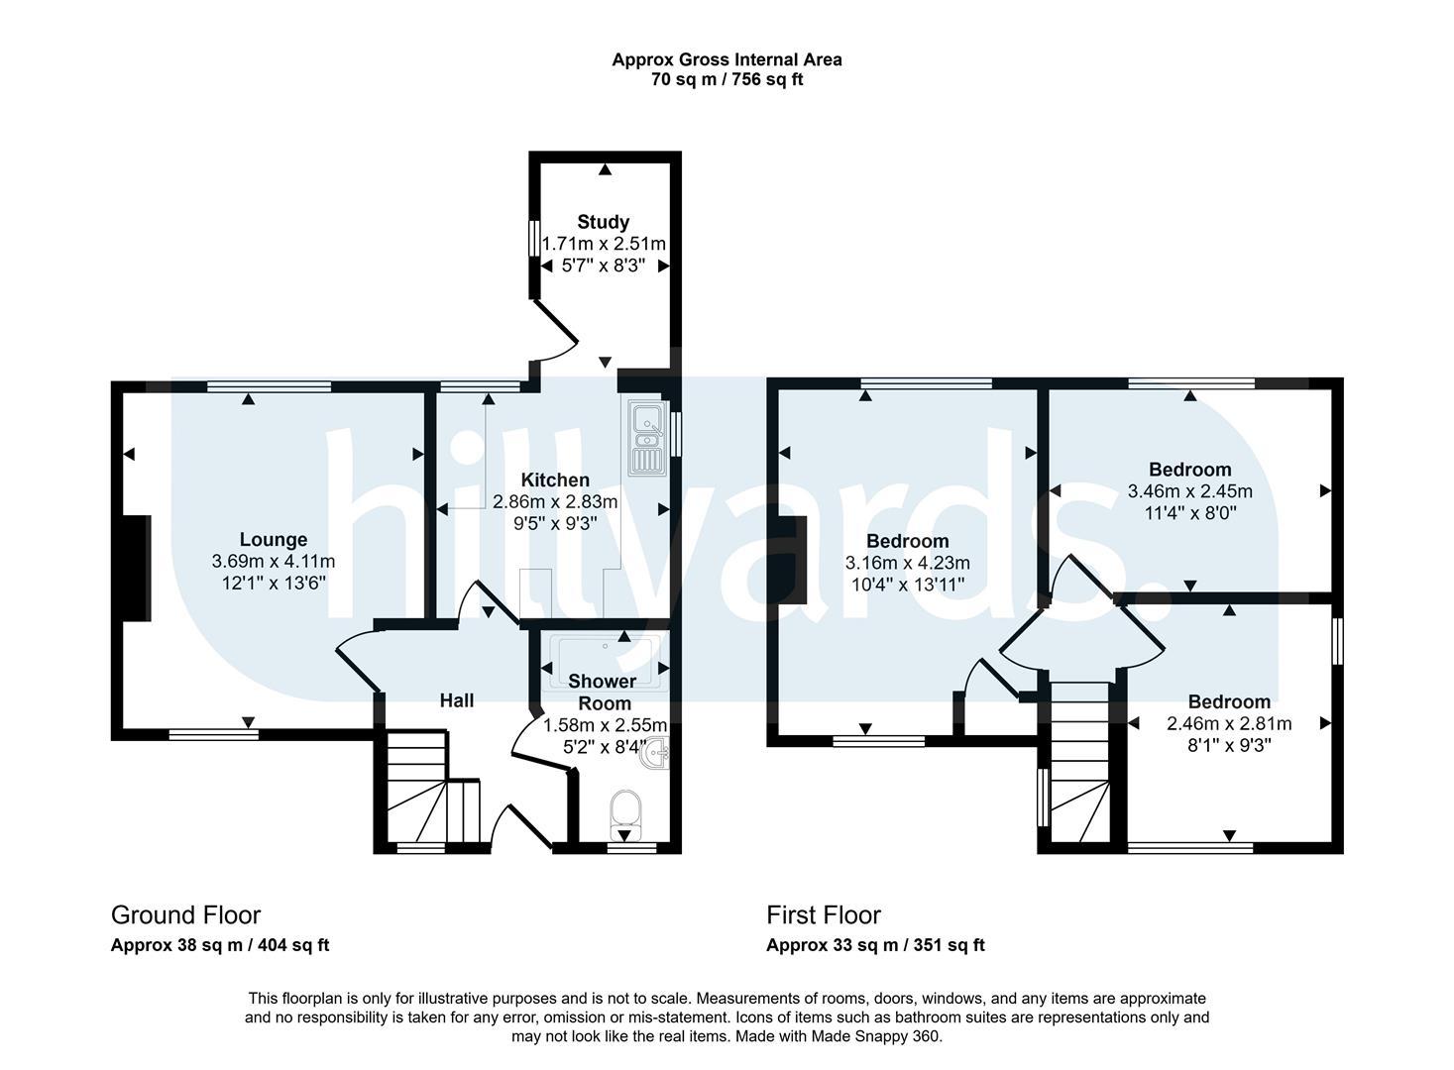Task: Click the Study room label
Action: coord(603,222)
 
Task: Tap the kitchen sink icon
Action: coord(647,438)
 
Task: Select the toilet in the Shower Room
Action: coord(625,815)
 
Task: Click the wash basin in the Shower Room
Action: coord(655,754)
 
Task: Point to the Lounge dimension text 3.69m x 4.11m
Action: coord(274,562)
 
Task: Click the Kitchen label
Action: coord(555,481)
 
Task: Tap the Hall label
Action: coord(456,700)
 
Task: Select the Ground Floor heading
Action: coord(185,914)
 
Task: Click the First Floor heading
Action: coord(824,914)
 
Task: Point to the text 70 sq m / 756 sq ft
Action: coord(727,79)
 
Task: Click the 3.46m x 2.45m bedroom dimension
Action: coord(1189,491)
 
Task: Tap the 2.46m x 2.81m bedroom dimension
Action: coord(1229,723)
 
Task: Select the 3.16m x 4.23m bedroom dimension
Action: coord(908,563)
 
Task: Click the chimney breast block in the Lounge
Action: coord(137,569)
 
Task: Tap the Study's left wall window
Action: coord(534,238)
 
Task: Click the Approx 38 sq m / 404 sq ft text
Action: coord(220,945)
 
